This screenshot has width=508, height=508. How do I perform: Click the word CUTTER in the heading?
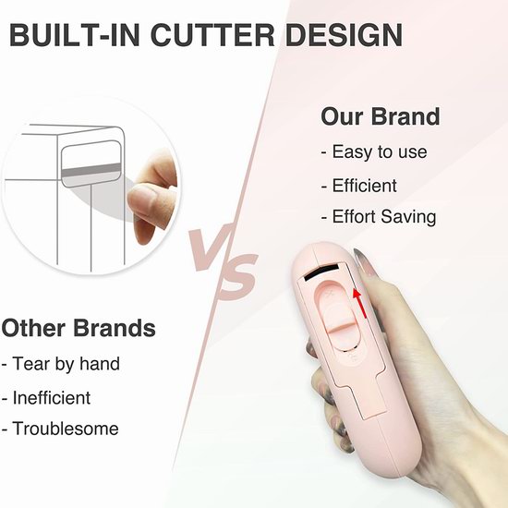coord(212,35)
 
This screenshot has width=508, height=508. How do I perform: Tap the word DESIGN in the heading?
coord(344,35)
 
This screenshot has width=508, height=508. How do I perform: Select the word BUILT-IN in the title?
coord(75,35)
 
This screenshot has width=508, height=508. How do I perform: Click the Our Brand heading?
coord(381,116)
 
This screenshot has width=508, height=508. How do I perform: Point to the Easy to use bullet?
coord(374,151)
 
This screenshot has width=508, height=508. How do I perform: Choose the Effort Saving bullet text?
coord(379,216)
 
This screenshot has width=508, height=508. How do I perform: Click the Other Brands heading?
coord(79,328)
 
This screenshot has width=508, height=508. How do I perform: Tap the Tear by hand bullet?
coord(61,364)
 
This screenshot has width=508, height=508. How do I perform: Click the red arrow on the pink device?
coord(359,304)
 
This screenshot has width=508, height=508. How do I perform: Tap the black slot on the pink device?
coord(321,271)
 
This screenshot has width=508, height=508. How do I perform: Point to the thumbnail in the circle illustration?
coord(141,199)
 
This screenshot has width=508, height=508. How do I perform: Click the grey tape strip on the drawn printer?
coord(91,171)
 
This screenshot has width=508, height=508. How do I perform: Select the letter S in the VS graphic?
coord(237,276)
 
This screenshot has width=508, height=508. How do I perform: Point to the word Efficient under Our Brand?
coord(365,186)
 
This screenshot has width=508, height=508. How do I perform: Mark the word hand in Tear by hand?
coord(100,363)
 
